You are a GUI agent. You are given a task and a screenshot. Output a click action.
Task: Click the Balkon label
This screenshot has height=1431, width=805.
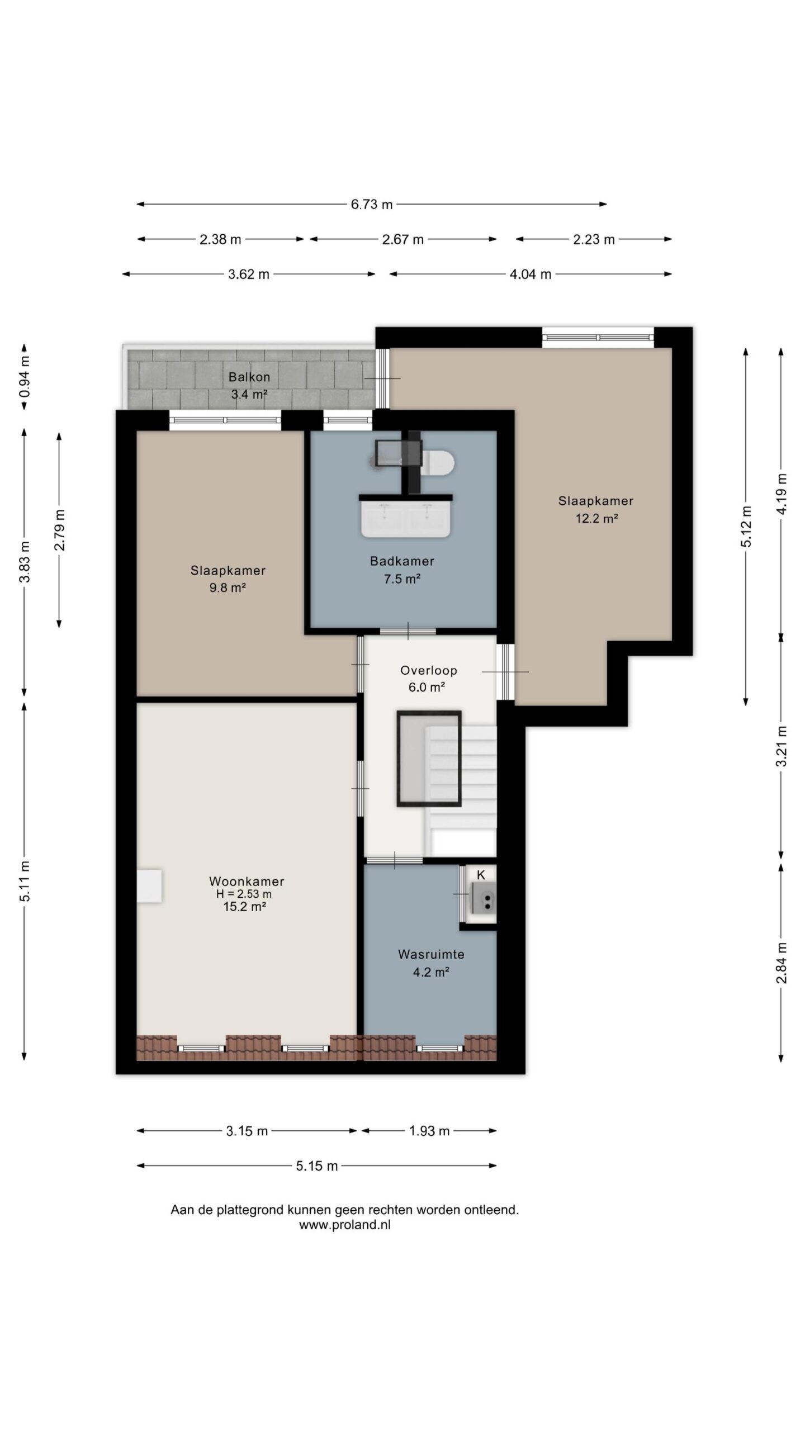[249, 377]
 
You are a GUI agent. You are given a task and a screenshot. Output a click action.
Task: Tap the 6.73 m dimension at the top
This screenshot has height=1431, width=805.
[372, 205]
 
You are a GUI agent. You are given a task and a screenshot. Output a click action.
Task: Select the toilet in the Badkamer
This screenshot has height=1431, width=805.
[439, 463]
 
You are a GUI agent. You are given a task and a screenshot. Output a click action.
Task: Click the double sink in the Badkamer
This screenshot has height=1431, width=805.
[405, 517]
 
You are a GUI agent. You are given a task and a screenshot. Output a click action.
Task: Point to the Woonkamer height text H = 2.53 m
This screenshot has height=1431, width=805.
[244, 894]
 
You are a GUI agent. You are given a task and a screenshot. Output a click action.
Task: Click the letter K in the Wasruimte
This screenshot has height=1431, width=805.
[481, 875]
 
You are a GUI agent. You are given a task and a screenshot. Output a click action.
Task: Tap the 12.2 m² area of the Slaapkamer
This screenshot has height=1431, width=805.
[596, 518]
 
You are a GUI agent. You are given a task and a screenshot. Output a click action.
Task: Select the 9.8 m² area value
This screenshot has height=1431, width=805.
[228, 588]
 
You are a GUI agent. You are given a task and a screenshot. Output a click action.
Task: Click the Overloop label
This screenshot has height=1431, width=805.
[429, 670]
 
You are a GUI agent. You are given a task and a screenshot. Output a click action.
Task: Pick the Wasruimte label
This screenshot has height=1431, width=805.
[431, 954]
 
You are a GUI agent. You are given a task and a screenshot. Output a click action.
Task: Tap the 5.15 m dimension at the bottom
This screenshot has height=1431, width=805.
[317, 1166]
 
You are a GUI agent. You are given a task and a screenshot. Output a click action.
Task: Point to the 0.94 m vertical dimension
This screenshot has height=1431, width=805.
[25, 377]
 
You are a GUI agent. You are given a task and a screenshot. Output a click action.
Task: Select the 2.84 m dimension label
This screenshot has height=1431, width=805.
[782, 963]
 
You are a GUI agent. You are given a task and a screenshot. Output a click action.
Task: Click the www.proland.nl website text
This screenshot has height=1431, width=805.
[345, 1225]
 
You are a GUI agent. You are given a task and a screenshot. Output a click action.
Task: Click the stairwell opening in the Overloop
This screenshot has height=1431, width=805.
[429, 759]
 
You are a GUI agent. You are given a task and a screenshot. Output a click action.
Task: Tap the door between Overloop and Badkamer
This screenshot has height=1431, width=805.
[408, 631]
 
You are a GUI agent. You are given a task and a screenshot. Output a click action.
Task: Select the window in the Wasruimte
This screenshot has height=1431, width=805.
[439, 1048]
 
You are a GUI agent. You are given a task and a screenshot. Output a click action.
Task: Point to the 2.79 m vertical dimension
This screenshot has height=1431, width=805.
[60, 530]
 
